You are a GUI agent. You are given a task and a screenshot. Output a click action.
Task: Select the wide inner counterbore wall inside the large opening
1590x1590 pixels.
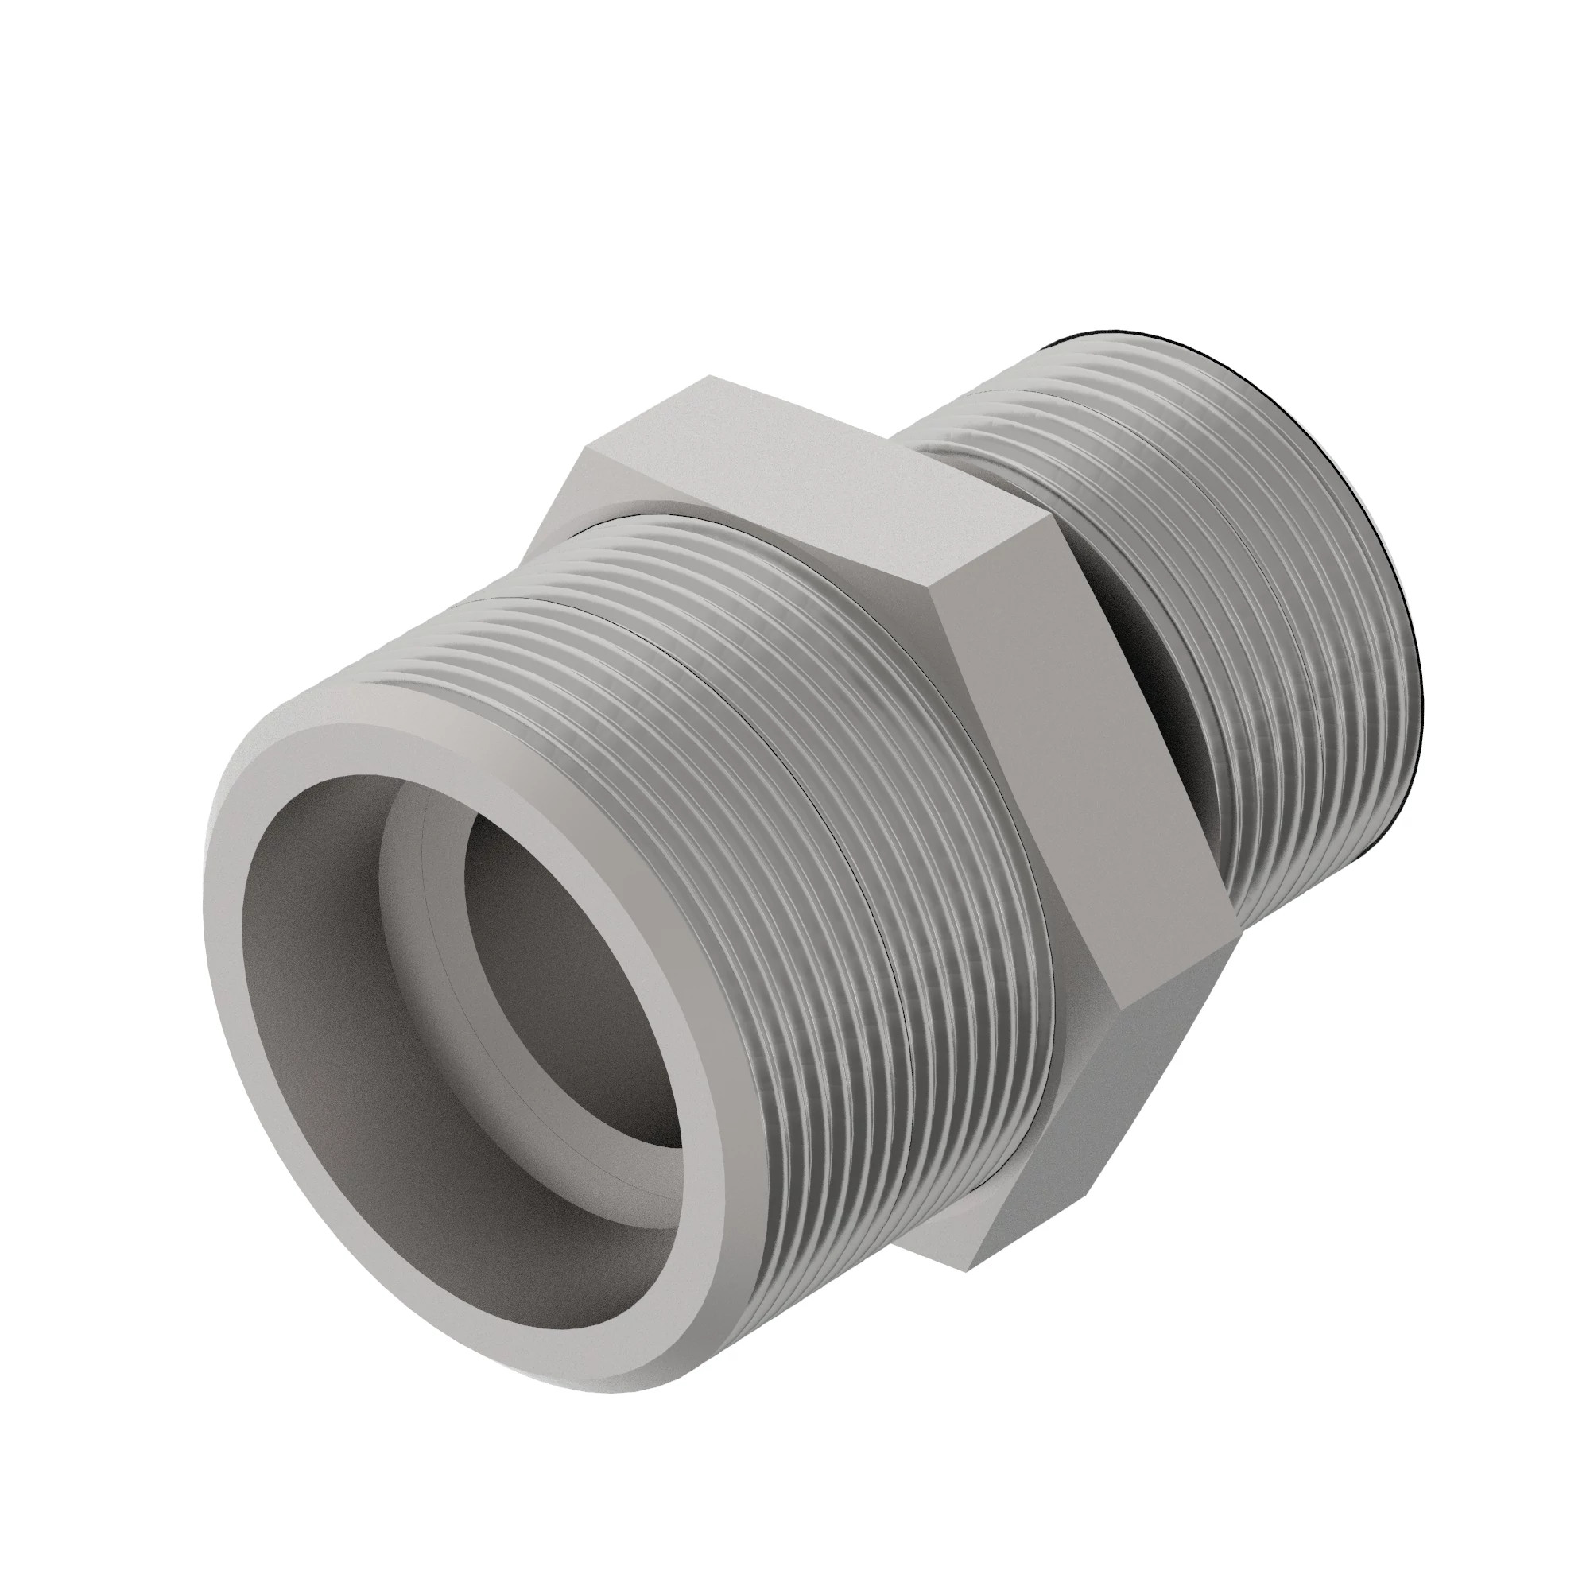[x=329, y=987]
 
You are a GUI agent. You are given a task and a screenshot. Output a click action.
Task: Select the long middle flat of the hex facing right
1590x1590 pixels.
[x=1086, y=766]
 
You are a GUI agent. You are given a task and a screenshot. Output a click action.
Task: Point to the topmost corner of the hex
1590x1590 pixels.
[x=709, y=376]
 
